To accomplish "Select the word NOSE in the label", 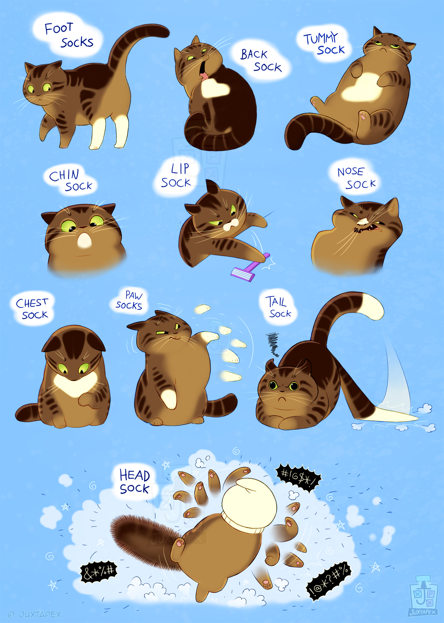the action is click(351, 172).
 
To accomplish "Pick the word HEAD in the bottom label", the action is click(134, 475).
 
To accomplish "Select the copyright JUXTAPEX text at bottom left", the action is click(35, 614).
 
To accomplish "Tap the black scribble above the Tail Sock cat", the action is click(273, 344).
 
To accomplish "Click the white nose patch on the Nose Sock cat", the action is click(362, 222).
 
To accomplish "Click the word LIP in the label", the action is click(180, 169).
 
